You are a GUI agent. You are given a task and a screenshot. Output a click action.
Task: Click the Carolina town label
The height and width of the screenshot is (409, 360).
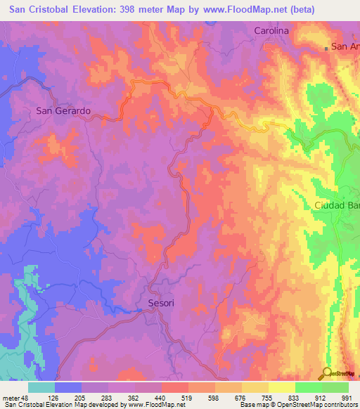pyautogui.click(x=271, y=32)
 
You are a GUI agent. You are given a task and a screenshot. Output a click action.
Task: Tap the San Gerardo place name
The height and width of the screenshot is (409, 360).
pyautogui.click(x=63, y=111)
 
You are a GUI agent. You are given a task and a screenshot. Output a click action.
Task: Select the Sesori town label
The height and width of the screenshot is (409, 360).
pyautogui.click(x=161, y=304)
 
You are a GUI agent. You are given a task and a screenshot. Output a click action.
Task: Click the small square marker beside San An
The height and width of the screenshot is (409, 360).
pyautogui.click(x=326, y=48)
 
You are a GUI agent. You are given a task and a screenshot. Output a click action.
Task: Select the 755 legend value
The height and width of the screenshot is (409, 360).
pyautogui.click(x=269, y=397)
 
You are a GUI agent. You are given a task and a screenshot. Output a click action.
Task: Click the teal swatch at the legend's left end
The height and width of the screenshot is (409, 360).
pyautogui.click(x=41, y=387)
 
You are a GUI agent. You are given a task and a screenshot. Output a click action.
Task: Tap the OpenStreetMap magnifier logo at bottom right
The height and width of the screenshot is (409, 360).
pyautogui.click(x=326, y=373)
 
